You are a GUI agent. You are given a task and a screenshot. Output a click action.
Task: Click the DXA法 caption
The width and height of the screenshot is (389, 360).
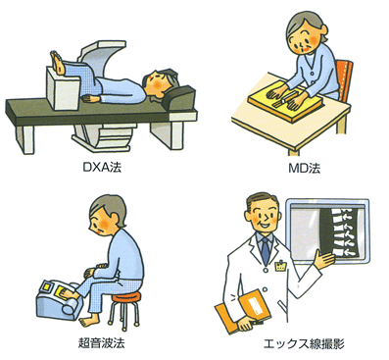(x=102, y=168)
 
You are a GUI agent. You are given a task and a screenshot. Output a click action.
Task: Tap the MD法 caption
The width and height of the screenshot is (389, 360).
(x=305, y=168)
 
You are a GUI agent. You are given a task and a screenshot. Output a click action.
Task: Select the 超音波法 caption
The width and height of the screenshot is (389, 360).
(x=102, y=343)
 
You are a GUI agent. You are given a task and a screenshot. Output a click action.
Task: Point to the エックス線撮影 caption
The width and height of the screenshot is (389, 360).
(x=304, y=344)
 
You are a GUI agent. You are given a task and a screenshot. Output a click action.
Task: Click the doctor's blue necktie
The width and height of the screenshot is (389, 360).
(x=266, y=250)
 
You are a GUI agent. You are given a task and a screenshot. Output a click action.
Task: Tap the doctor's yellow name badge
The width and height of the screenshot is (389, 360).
(x=280, y=266)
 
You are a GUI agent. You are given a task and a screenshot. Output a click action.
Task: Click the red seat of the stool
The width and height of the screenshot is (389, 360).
(x=126, y=297)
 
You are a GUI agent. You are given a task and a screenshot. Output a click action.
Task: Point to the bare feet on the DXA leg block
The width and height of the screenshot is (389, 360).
(x=59, y=62)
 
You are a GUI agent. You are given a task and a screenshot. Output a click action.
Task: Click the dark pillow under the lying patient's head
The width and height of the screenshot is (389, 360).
(x=179, y=95)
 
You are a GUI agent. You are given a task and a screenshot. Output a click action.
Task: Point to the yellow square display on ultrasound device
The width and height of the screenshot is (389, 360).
(x=48, y=288)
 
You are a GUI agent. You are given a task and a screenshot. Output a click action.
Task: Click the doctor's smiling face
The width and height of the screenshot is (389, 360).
(x=263, y=214)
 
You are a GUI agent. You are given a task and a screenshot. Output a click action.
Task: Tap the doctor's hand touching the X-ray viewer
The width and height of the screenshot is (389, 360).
(x=323, y=259)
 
